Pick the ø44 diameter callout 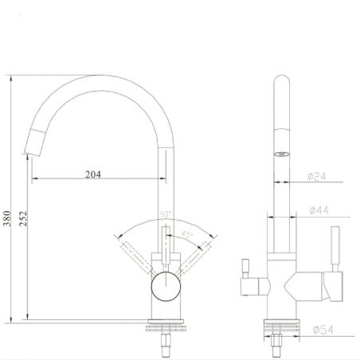317,210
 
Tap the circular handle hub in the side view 165,284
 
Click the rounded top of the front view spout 280,82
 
